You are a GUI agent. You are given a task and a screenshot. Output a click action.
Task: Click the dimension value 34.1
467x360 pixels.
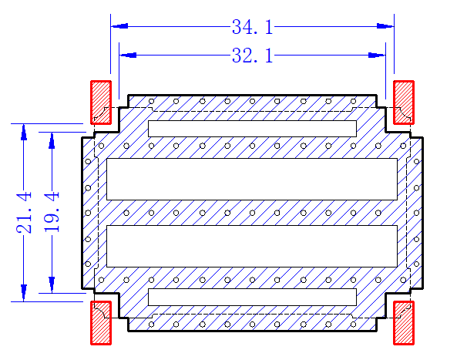coord(252,27)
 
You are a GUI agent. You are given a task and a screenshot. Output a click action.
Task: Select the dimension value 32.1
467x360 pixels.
coord(252,56)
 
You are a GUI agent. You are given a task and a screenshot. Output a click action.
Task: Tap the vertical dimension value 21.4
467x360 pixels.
coord(24,213)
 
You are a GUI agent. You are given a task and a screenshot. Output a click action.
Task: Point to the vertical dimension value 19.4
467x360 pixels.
coord(52,212)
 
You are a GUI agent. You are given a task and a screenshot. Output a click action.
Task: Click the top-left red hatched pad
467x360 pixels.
coord(101,103)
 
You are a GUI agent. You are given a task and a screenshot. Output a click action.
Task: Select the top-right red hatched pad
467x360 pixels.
coord(404,103)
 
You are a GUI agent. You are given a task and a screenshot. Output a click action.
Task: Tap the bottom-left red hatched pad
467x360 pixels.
coord(101,323)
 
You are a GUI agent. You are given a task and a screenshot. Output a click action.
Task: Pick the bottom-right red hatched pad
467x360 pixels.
coord(404,323)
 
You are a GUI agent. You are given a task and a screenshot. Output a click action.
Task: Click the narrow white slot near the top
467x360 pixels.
coord(252,129)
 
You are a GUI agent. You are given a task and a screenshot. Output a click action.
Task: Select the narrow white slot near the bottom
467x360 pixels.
coord(252,297)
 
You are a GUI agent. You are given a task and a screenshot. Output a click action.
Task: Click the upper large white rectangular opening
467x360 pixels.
coord(252,179)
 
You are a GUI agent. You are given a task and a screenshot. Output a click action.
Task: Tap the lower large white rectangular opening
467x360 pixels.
coord(252,246)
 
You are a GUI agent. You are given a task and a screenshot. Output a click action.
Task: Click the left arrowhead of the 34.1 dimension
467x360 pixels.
coord(119,26)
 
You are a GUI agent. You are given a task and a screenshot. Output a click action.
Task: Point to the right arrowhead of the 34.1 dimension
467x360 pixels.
coord(385,26)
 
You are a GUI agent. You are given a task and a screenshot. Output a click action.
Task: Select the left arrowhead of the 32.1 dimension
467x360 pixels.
coord(128,56)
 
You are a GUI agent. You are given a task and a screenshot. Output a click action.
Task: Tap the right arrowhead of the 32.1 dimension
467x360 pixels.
coord(377,56)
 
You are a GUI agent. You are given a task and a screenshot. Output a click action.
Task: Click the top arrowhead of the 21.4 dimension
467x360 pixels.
coord(24,132)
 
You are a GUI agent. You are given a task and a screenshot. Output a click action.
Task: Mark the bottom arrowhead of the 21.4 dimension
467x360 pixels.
coord(24,293)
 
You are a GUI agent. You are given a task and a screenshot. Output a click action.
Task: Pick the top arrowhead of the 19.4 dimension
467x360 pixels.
coord(52,140)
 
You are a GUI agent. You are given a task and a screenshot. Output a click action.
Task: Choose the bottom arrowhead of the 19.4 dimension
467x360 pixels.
coord(52,284)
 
